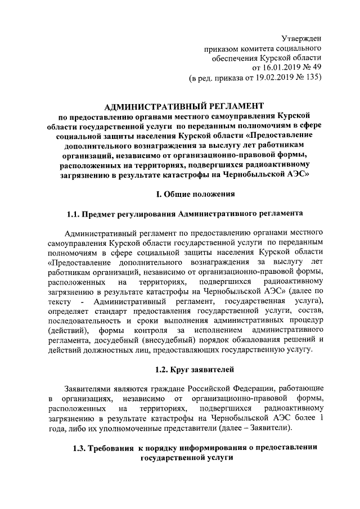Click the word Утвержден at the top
(x=301, y=38)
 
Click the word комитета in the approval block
(x=255, y=48)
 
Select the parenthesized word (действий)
(x=66, y=330)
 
